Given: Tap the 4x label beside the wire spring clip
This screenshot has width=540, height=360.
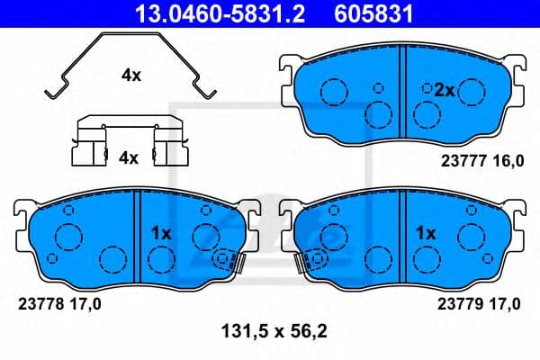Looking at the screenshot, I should [130, 76].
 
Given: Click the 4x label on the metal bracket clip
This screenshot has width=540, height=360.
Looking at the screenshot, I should [129, 157].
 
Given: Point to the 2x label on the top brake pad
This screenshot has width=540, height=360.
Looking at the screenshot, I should [444, 89].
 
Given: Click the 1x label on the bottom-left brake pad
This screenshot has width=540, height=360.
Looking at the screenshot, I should [160, 232].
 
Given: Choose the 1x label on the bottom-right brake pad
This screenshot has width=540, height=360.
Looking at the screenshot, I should [425, 232].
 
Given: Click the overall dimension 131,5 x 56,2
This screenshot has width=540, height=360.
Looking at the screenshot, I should [272, 330].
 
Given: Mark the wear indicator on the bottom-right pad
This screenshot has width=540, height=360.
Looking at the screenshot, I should [311, 261].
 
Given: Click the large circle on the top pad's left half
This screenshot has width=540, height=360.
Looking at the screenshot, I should [334, 93].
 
